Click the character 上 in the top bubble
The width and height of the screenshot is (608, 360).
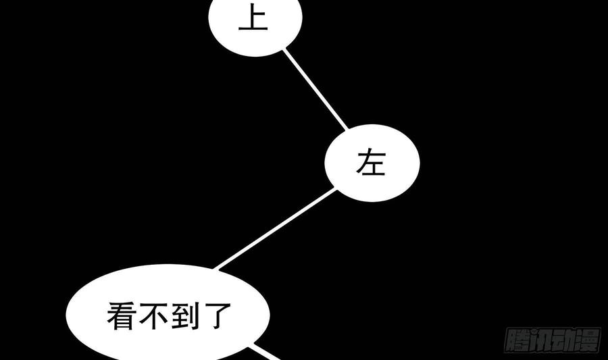(x=253, y=20)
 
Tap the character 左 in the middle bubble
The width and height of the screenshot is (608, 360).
(x=371, y=163)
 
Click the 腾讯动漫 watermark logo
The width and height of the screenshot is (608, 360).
(x=553, y=340)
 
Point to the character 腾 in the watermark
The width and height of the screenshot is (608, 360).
(x=517, y=340)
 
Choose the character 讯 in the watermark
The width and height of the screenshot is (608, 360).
(x=540, y=340)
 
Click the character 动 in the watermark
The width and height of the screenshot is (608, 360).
(x=564, y=340)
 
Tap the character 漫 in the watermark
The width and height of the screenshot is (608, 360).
(x=587, y=340)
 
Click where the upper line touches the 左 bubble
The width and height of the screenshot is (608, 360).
(x=346, y=130)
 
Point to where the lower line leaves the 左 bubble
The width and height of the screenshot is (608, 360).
(x=335, y=189)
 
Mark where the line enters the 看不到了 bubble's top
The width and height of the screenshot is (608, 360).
(x=216, y=267)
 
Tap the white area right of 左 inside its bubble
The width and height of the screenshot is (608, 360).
(x=404, y=163)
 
